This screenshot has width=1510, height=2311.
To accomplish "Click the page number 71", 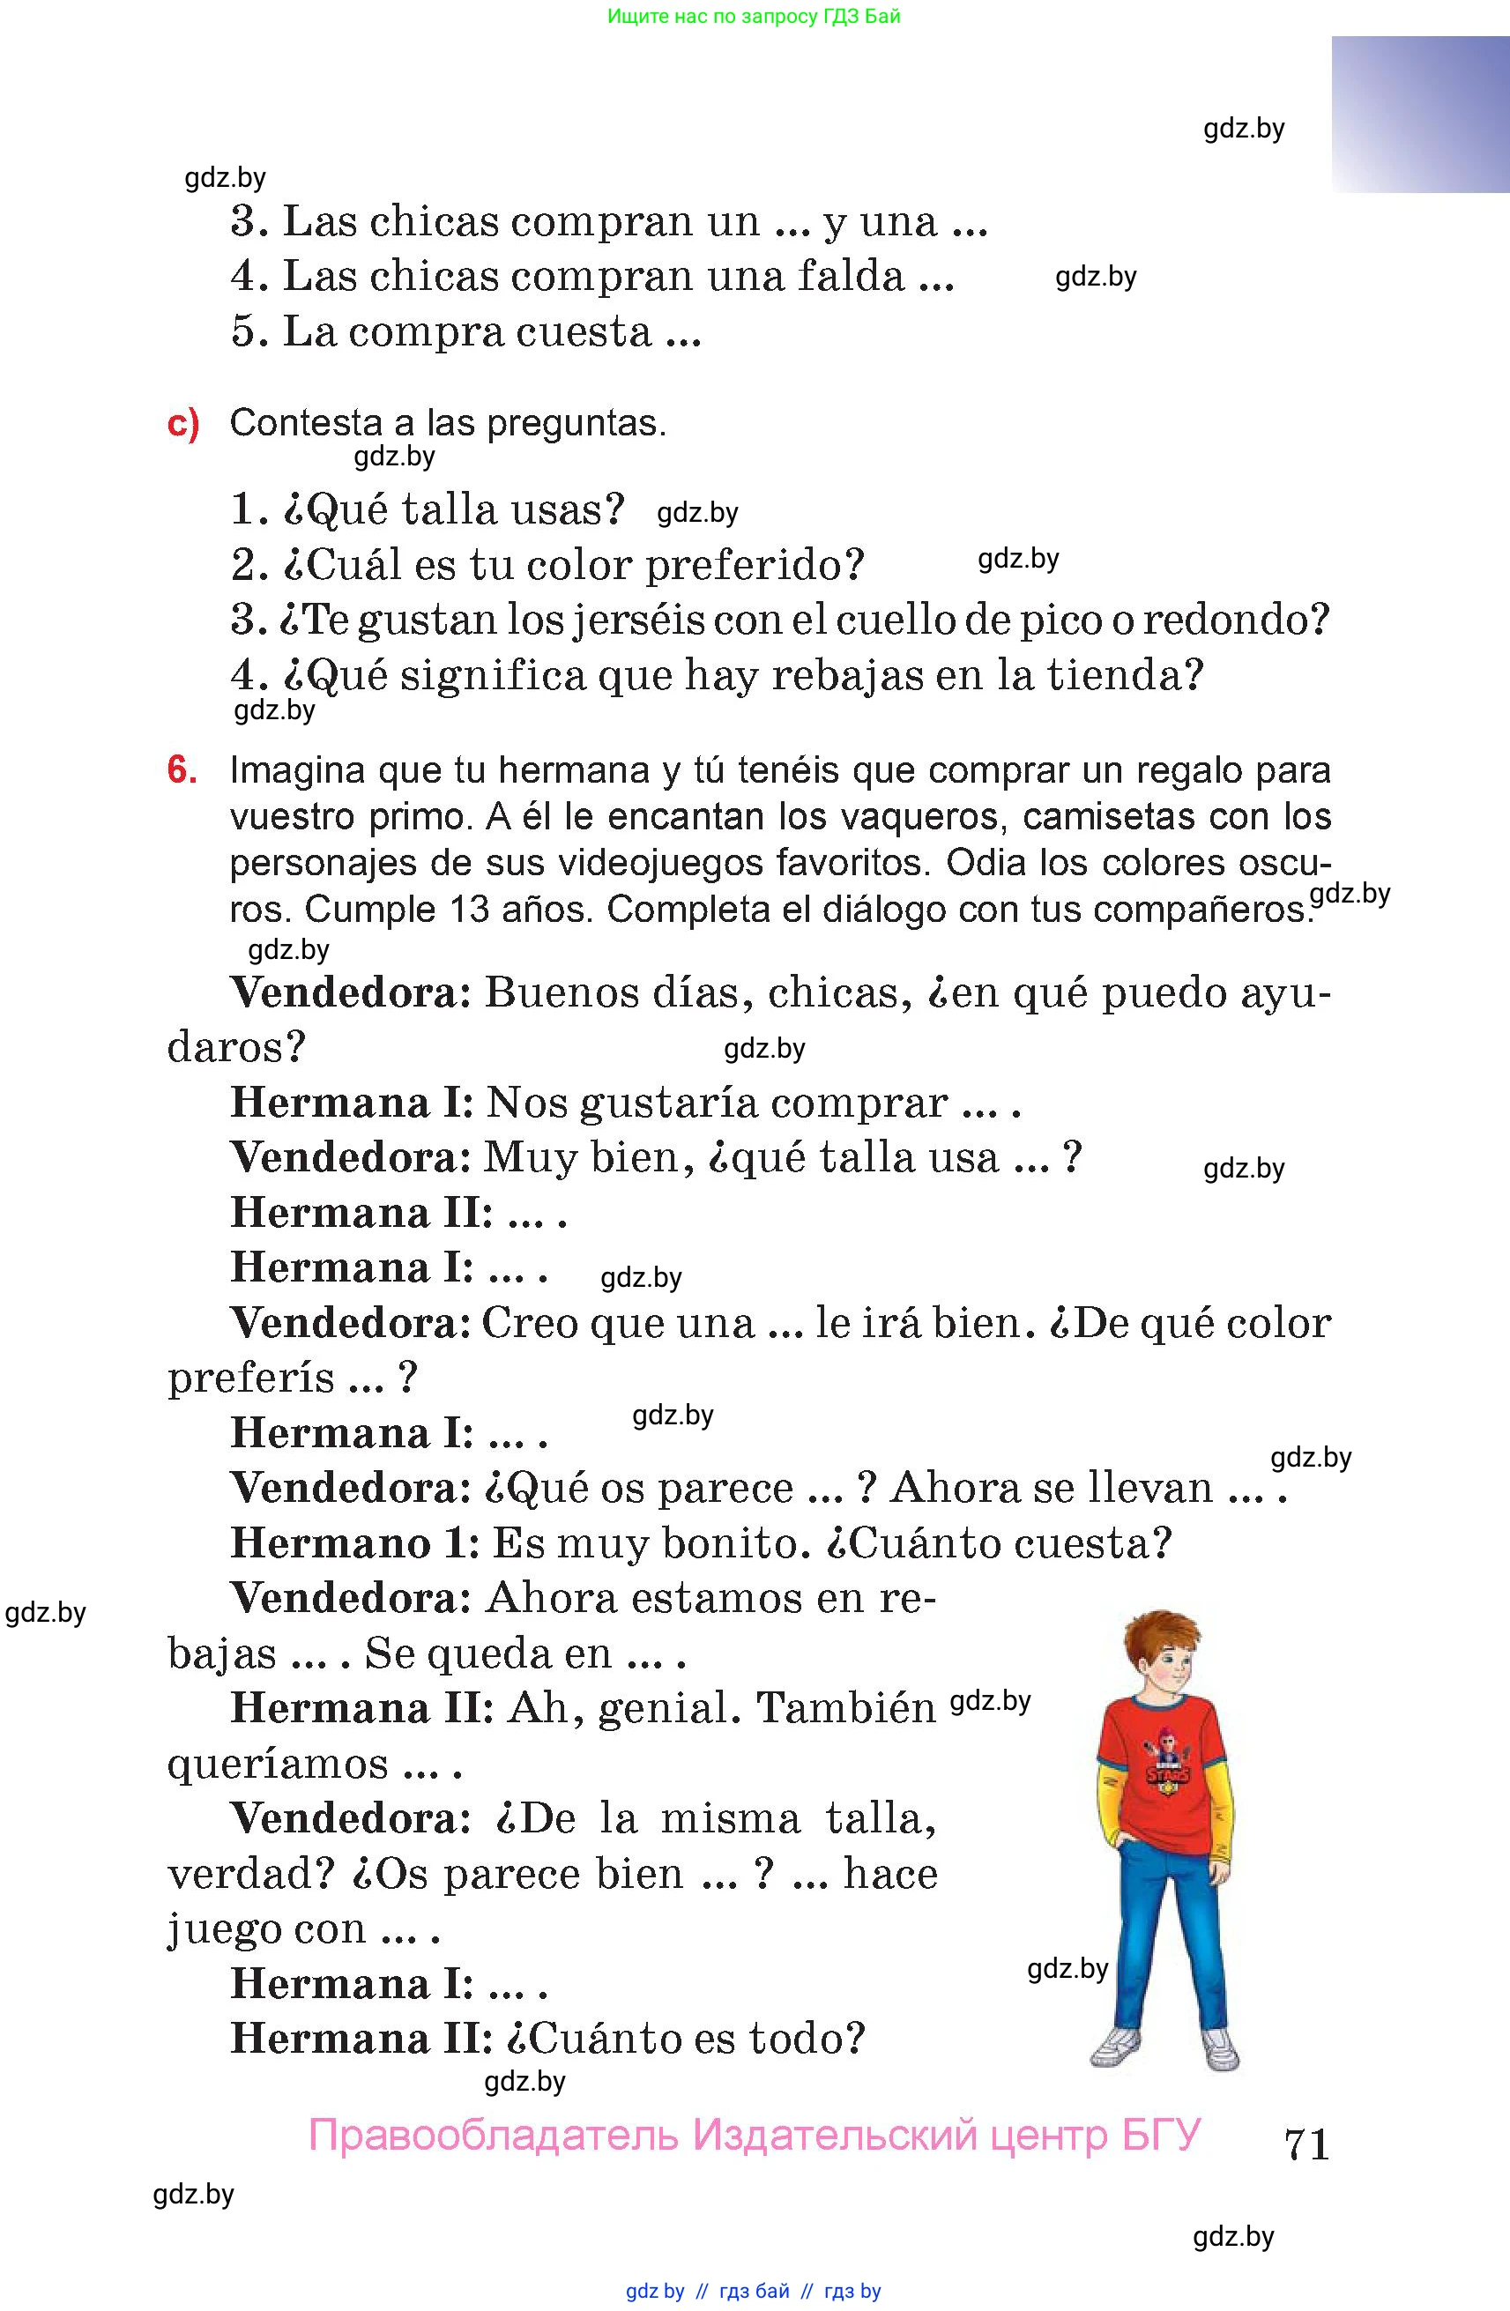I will click(1306, 2143).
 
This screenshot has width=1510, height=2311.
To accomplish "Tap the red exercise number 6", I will click(182, 770).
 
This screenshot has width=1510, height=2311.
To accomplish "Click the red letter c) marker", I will click(182, 424).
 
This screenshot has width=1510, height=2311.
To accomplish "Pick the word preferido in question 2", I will click(754, 565).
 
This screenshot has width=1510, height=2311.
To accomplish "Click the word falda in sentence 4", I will click(851, 277).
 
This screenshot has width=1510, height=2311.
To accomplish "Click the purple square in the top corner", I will click(1420, 115).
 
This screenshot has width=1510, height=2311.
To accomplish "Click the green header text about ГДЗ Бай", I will click(754, 17).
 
